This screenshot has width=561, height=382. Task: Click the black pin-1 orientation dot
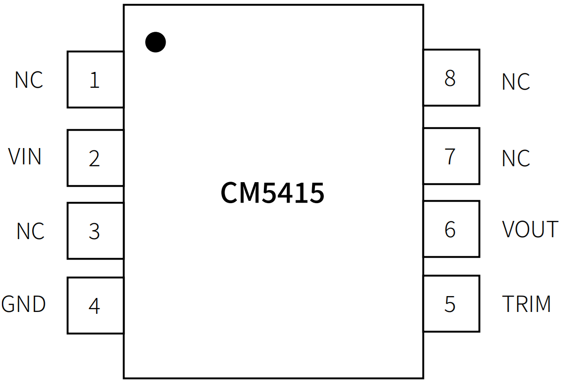(x=155, y=42)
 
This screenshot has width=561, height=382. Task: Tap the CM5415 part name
(x=272, y=193)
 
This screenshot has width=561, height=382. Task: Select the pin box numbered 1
(x=95, y=79)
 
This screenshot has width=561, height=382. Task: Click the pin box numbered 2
(x=95, y=158)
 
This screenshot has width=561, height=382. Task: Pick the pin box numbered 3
(x=95, y=231)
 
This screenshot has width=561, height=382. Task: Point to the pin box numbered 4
(x=95, y=305)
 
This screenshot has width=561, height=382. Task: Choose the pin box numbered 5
(x=451, y=304)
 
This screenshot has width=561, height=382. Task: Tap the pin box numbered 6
(x=451, y=229)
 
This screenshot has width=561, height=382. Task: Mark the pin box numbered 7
(x=451, y=156)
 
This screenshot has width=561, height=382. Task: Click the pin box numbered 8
(x=451, y=78)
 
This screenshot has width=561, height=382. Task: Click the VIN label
(x=25, y=157)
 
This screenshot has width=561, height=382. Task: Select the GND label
(x=23, y=304)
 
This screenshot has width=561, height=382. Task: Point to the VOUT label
(x=530, y=229)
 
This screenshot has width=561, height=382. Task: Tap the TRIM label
(x=526, y=304)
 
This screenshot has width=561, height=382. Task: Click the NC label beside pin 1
(x=29, y=80)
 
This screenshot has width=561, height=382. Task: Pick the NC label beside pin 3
(x=30, y=231)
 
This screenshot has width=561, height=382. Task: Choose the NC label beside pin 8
(x=516, y=82)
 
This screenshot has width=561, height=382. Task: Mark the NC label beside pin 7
(x=516, y=159)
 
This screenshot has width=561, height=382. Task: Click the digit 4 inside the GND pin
(x=94, y=306)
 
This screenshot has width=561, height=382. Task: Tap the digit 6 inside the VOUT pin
(x=450, y=229)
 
